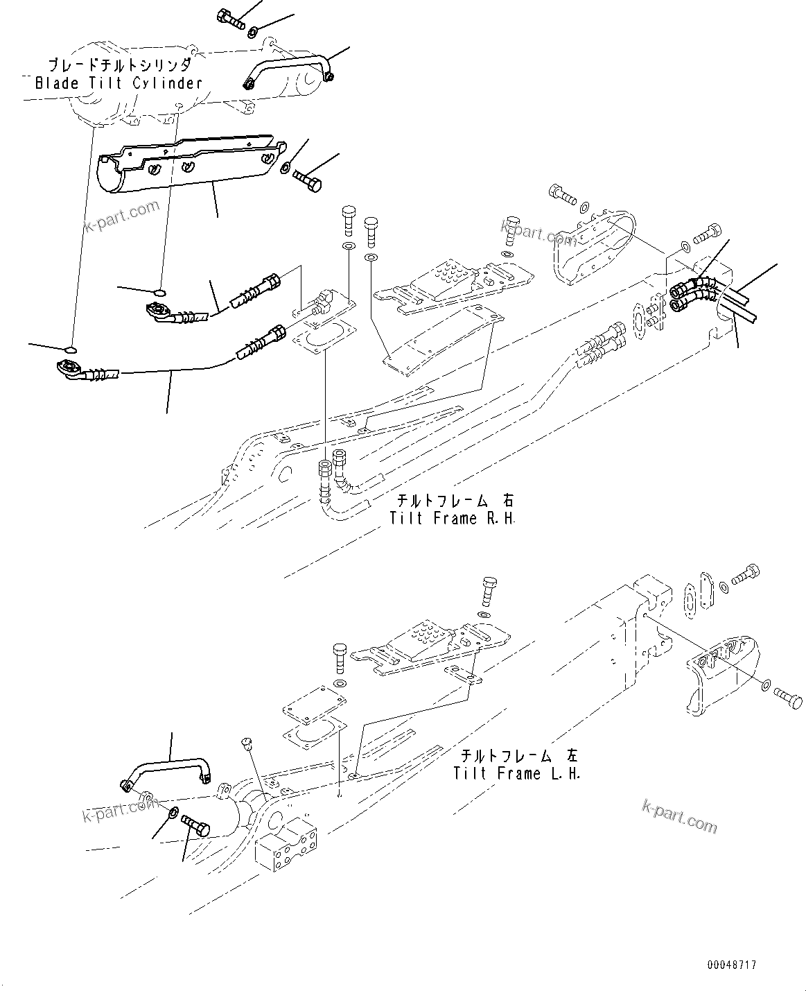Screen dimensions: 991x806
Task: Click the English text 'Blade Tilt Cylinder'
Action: tap(119, 83)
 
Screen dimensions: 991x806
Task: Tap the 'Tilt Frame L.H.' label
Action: tap(517, 773)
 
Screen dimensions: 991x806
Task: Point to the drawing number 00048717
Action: tap(732, 965)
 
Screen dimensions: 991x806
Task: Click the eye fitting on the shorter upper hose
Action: tap(159, 309)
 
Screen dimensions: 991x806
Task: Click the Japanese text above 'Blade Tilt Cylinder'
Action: tap(119, 65)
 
